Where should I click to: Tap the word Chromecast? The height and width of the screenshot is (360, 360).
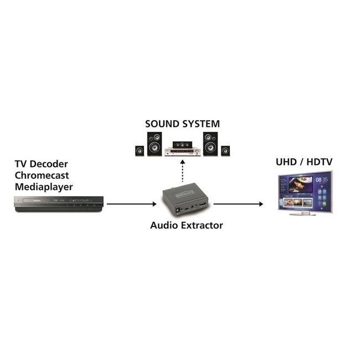(x=42, y=175)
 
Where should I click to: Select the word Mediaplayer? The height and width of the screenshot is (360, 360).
(x=43, y=187)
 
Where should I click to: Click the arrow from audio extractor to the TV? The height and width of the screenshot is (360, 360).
(x=238, y=204)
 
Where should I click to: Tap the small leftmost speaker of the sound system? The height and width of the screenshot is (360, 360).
(x=139, y=150)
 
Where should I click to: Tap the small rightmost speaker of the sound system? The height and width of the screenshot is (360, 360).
(x=225, y=150)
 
